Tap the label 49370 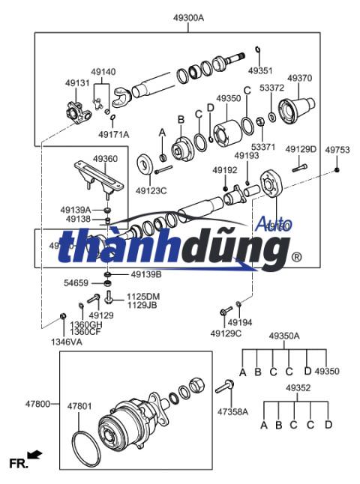pos(299,78)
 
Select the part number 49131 pos(77,83)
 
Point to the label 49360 pos(105,159)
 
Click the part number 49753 pos(337,150)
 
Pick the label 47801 pos(79,406)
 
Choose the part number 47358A pos(232,411)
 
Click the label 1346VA pos(67,342)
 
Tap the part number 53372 pos(271,88)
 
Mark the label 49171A pos(113,134)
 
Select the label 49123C pos(151,190)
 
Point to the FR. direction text pos(18,465)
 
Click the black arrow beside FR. pos(34,455)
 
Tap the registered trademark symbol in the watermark pos(296,257)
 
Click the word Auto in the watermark pos(274,223)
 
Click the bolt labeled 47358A pos(225,387)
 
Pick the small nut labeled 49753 pos(338,170)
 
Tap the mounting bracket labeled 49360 pos(100,175)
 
